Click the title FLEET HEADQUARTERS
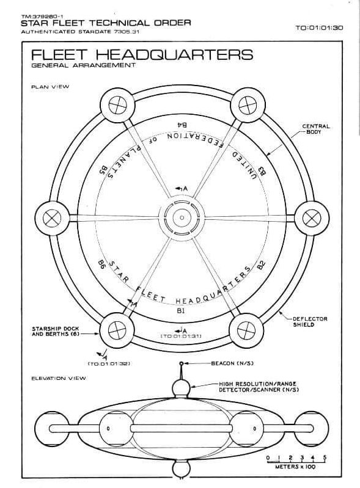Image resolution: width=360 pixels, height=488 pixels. [142, 54]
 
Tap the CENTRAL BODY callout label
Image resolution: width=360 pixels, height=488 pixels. [316, 129]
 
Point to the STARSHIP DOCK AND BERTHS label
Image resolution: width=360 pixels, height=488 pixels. [56, 331]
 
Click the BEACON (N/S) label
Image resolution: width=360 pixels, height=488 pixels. [232, 363]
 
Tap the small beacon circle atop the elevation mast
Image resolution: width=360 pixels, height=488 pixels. [182, 363]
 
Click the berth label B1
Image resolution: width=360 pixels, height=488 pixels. [181, 310]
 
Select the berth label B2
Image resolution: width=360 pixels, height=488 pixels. [261, 265]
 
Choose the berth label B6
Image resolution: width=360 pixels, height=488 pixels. [101, 266]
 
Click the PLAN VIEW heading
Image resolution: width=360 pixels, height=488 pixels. [50, 87]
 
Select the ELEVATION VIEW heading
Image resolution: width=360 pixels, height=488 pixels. [59, 379]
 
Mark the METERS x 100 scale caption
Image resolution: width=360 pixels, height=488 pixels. [295, 467]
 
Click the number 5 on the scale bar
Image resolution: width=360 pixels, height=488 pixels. [325, 457]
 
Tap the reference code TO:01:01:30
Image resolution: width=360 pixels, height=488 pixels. [319, 27]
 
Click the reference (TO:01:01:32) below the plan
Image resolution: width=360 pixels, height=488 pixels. [109, 363]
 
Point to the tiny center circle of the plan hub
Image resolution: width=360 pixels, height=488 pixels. [182, 217]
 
